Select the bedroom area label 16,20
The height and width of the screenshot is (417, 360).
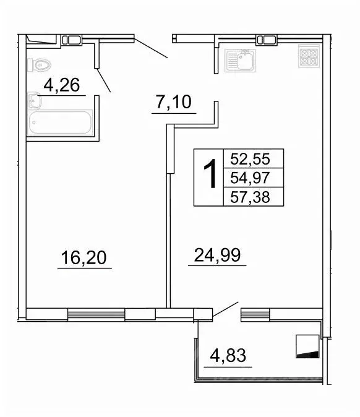click(x=85, y=257)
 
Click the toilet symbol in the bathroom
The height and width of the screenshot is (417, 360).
click(x=40, y=64)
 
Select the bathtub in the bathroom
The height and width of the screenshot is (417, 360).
click(x=61, y=123)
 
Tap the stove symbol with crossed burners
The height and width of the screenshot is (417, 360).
click(x=307, y=58)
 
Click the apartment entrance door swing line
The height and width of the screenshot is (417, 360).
click(x=150, y=48)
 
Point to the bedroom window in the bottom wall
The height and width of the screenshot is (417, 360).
click(x=96, y=314)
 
